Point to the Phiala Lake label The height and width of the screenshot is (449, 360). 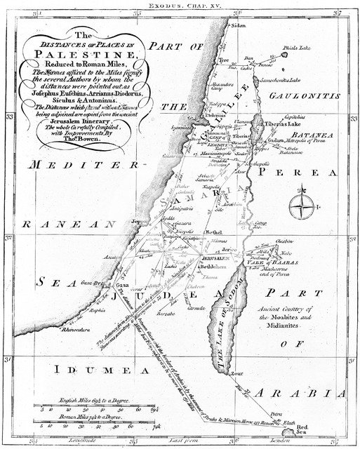coord(294,49)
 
